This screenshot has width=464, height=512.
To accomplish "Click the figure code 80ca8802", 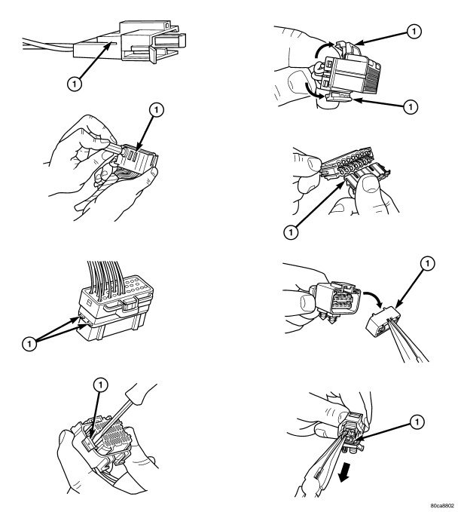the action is point(442,505).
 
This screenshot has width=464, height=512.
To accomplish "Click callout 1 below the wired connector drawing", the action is point(74,84).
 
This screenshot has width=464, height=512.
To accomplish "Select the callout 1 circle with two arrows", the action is point(29,344).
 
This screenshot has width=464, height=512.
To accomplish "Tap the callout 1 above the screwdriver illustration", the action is point(100,385).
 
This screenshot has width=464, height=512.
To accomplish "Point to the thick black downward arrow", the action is point(344,474).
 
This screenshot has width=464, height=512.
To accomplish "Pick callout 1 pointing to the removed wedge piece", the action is point(428,263).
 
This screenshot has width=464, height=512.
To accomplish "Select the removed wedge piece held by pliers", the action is point(383,320).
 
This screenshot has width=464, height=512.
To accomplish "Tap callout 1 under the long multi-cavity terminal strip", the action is point(291,232).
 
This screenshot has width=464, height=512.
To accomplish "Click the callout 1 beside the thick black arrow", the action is point(417,422).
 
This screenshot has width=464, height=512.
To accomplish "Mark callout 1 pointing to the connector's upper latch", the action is point(414,32).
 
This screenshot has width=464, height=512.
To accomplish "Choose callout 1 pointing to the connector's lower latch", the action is point(411,106).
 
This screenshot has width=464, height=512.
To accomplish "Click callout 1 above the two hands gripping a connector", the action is point(156,110).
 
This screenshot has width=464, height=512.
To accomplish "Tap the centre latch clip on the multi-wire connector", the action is point(130,305).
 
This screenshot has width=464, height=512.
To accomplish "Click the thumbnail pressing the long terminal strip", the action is point(370,185).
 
